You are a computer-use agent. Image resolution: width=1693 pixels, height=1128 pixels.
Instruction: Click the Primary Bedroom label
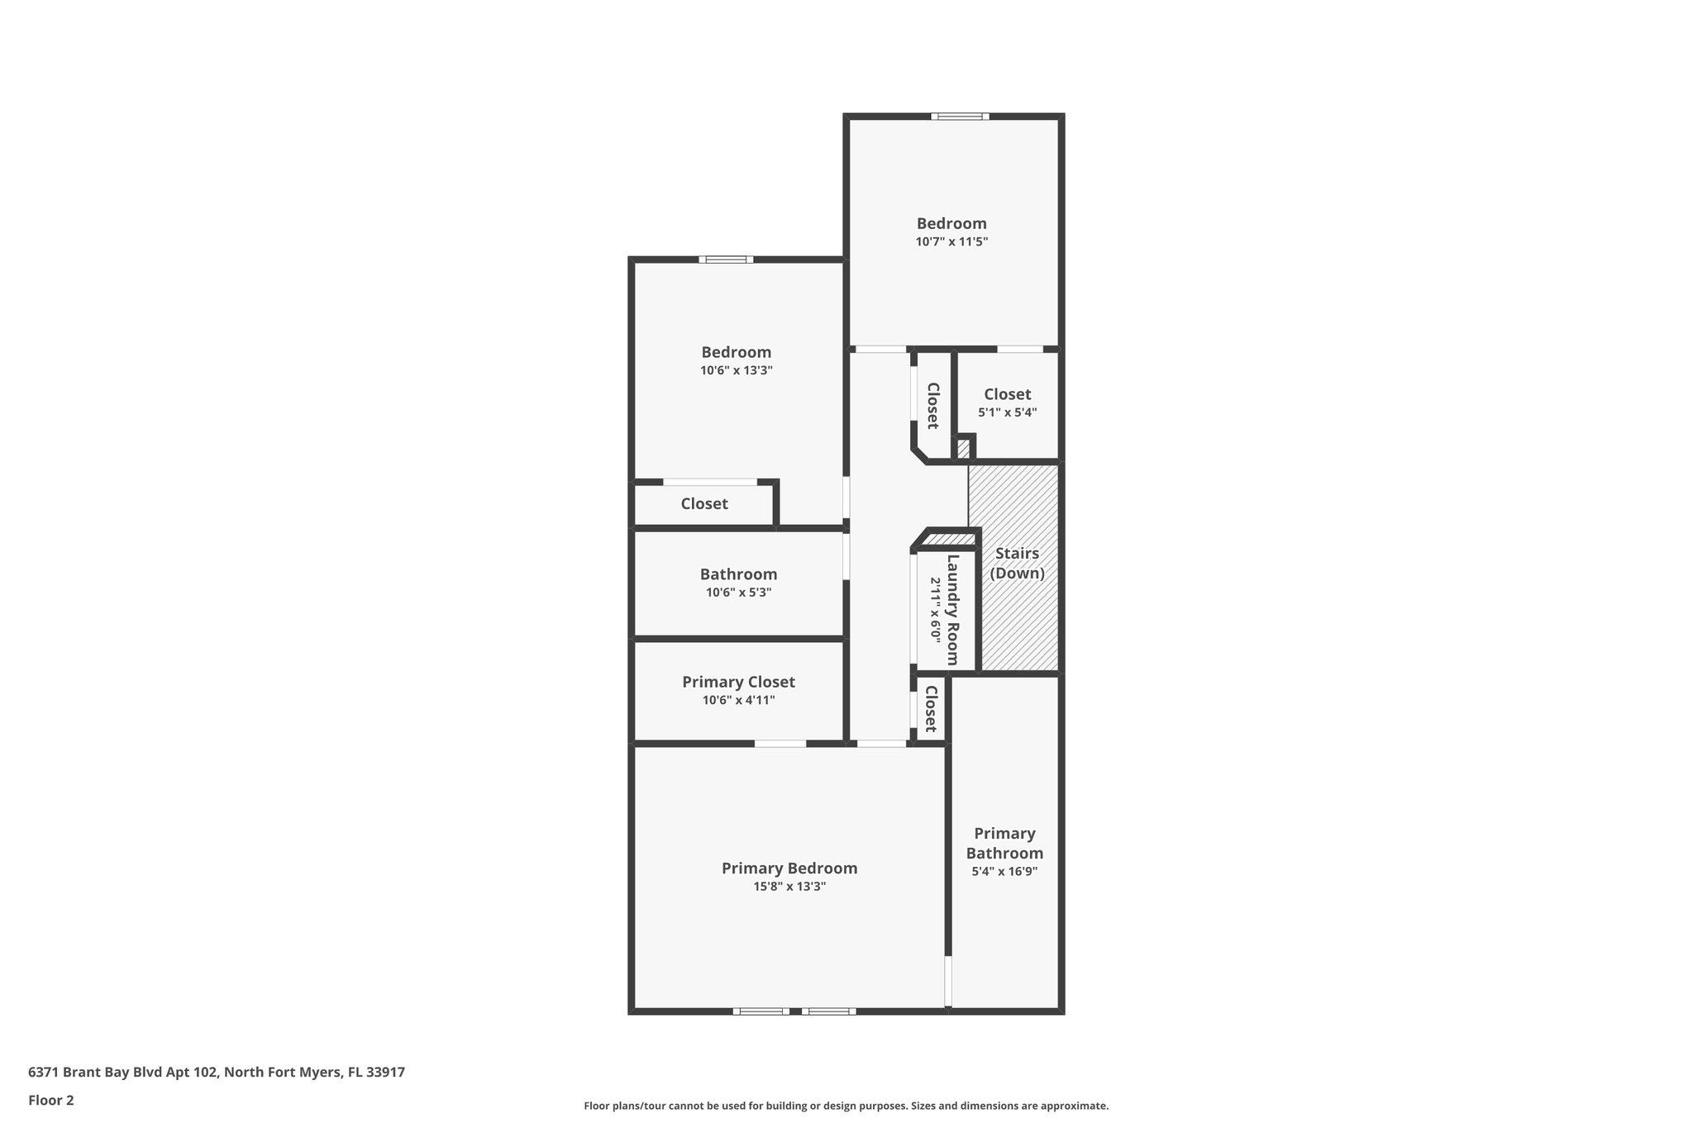pos(789,868)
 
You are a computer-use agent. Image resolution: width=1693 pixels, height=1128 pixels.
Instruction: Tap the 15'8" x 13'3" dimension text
pos(789,887)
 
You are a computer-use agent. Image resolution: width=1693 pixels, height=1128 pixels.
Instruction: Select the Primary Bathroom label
pos(1004,843)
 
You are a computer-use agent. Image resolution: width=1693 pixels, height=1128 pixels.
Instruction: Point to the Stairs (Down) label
pos(1017,563)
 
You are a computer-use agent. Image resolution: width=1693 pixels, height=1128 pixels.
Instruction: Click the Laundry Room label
pos(952,610)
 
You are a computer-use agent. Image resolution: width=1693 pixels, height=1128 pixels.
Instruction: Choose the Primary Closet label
pos(738,682)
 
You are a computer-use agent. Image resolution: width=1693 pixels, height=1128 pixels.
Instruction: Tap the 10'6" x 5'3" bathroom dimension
pos(738,593)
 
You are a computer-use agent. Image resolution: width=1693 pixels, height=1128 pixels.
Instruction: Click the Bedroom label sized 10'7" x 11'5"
pos(951,223)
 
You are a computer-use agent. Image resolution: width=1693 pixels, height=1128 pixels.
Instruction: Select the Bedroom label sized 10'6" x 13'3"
pos(736,352)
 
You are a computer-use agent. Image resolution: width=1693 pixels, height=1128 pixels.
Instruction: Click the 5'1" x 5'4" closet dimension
pos(1007,412)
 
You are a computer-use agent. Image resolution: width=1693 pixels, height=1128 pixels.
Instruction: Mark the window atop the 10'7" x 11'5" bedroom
pos(960,117)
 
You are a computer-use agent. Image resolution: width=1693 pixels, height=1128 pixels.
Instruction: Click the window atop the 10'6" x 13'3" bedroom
pos(726,259)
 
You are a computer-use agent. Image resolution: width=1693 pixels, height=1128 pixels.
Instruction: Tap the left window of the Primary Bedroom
pos(761,1011)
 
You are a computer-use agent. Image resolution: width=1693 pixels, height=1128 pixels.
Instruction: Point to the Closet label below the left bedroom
pos(704,503)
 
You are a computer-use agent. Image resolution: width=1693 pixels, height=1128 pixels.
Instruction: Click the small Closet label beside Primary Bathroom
pos(930,709)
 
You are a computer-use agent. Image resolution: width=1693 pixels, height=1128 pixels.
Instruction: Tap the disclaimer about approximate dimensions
pos(846,1106)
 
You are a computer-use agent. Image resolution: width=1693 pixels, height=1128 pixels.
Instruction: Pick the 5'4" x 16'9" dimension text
pos(1004,871)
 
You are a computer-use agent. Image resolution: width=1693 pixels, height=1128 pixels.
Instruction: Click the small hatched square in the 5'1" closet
pos(963,449)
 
